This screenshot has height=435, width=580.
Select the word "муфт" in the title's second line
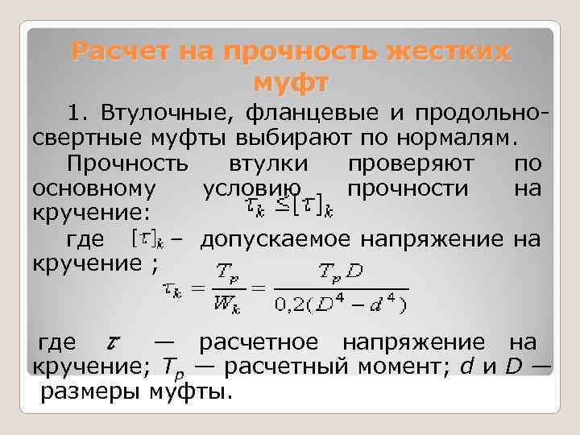tap(291, 82)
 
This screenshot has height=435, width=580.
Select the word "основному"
tap(94, 188)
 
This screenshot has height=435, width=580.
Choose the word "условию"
tap(241, 188)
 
